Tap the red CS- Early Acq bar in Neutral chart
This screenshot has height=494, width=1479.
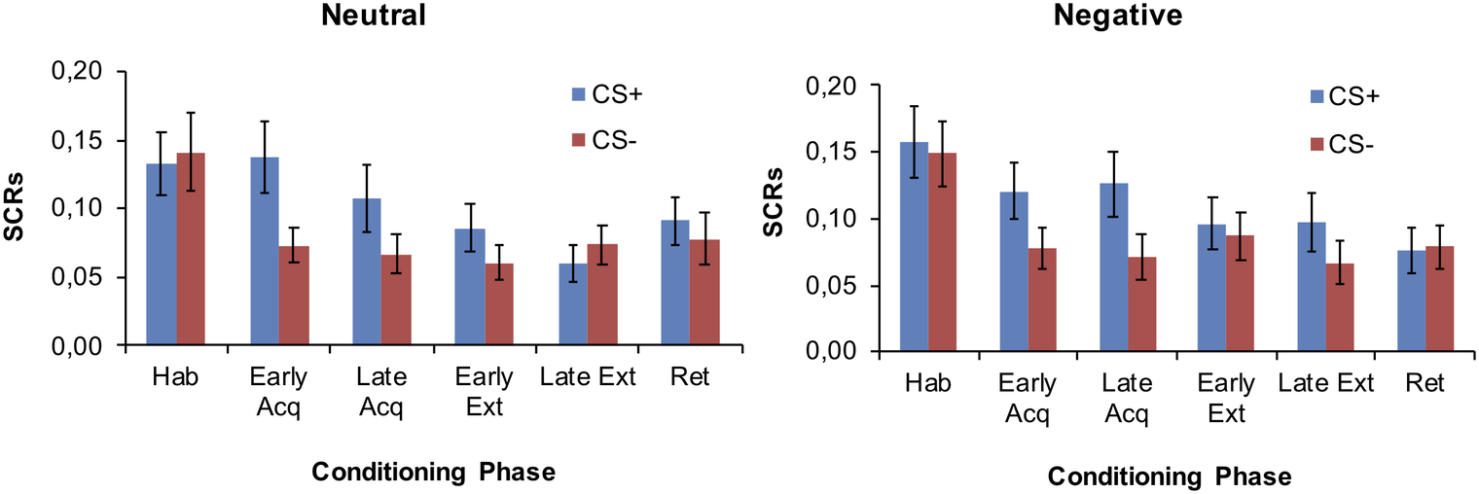294,296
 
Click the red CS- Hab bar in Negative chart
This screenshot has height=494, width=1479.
942,253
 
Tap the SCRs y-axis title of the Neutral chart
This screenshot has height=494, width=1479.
21,209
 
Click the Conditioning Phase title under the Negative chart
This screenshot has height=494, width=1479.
1170,477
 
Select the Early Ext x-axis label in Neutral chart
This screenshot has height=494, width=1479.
484,391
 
